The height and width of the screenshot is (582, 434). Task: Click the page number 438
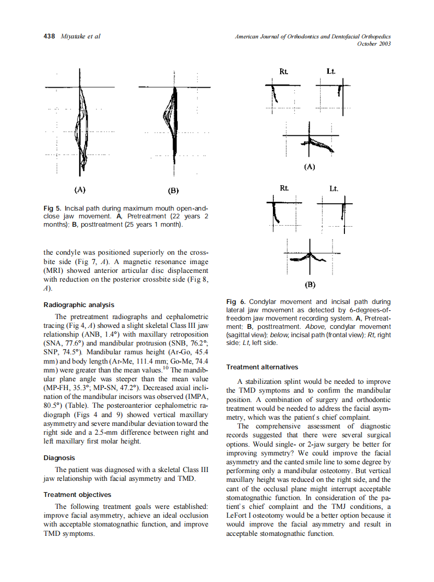click(50, 36)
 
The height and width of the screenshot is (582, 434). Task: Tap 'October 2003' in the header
click(374, 44)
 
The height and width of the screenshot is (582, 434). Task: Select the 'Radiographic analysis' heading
click(79, 305)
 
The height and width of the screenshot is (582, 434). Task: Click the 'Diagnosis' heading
click(59, 458)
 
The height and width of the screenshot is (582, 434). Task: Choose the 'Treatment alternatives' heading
click(262, 367)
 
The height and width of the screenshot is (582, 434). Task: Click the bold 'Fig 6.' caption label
click(236, 302)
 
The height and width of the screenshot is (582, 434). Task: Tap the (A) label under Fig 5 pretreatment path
click(80, 190)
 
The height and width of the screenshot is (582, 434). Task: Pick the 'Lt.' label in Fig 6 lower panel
click(333, 189)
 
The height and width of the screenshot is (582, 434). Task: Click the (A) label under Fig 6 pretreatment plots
click(309, 167)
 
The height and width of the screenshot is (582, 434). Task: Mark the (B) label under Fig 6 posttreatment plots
click(310, 285)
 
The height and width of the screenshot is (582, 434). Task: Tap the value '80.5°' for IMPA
click(53, 405)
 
